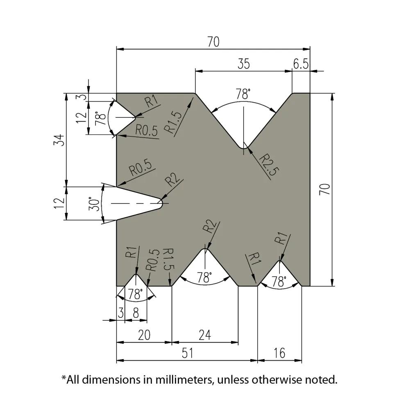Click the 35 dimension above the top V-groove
(x=243, y=64)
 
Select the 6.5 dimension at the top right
(x=301, y=64)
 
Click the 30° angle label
(x=94, y=203)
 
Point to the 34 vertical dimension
(x=60, y=140)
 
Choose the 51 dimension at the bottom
(x=187, y=353)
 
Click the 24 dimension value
(x=204, y=335)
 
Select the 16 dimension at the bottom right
(x=279, y=353)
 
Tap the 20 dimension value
(x=144, y=335)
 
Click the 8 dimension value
(x=136, y=313)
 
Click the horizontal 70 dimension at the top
(x=213, y=42)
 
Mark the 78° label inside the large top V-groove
(x=243, y=95)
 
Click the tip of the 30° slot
(x=163, y=201)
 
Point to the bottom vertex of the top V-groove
(x=243, y=148)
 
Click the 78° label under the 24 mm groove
(x=204, y=278)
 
